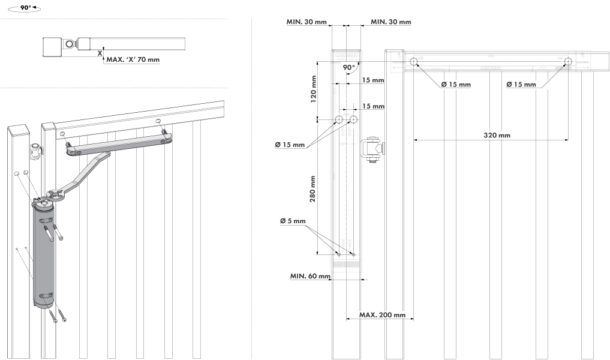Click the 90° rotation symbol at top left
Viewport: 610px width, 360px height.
coord(26,9)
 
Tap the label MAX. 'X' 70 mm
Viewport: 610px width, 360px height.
coord(133,59)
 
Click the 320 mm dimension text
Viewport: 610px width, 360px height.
coord(497,136)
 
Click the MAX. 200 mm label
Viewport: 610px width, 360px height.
coord(382,315)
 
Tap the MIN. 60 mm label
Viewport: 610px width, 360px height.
coord(310,276)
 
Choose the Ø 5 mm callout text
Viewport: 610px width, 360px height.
coord(293,221)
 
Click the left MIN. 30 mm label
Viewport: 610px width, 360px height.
coord(306,22)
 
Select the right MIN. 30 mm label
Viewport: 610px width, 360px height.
coord(390,22)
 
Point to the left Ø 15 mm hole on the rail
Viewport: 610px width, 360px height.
coord(414,62)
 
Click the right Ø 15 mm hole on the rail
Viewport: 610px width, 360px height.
coord(567,62)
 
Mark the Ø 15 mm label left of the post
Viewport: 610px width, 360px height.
coord(290,145)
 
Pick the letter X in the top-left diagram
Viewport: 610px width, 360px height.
coord(100,53)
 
